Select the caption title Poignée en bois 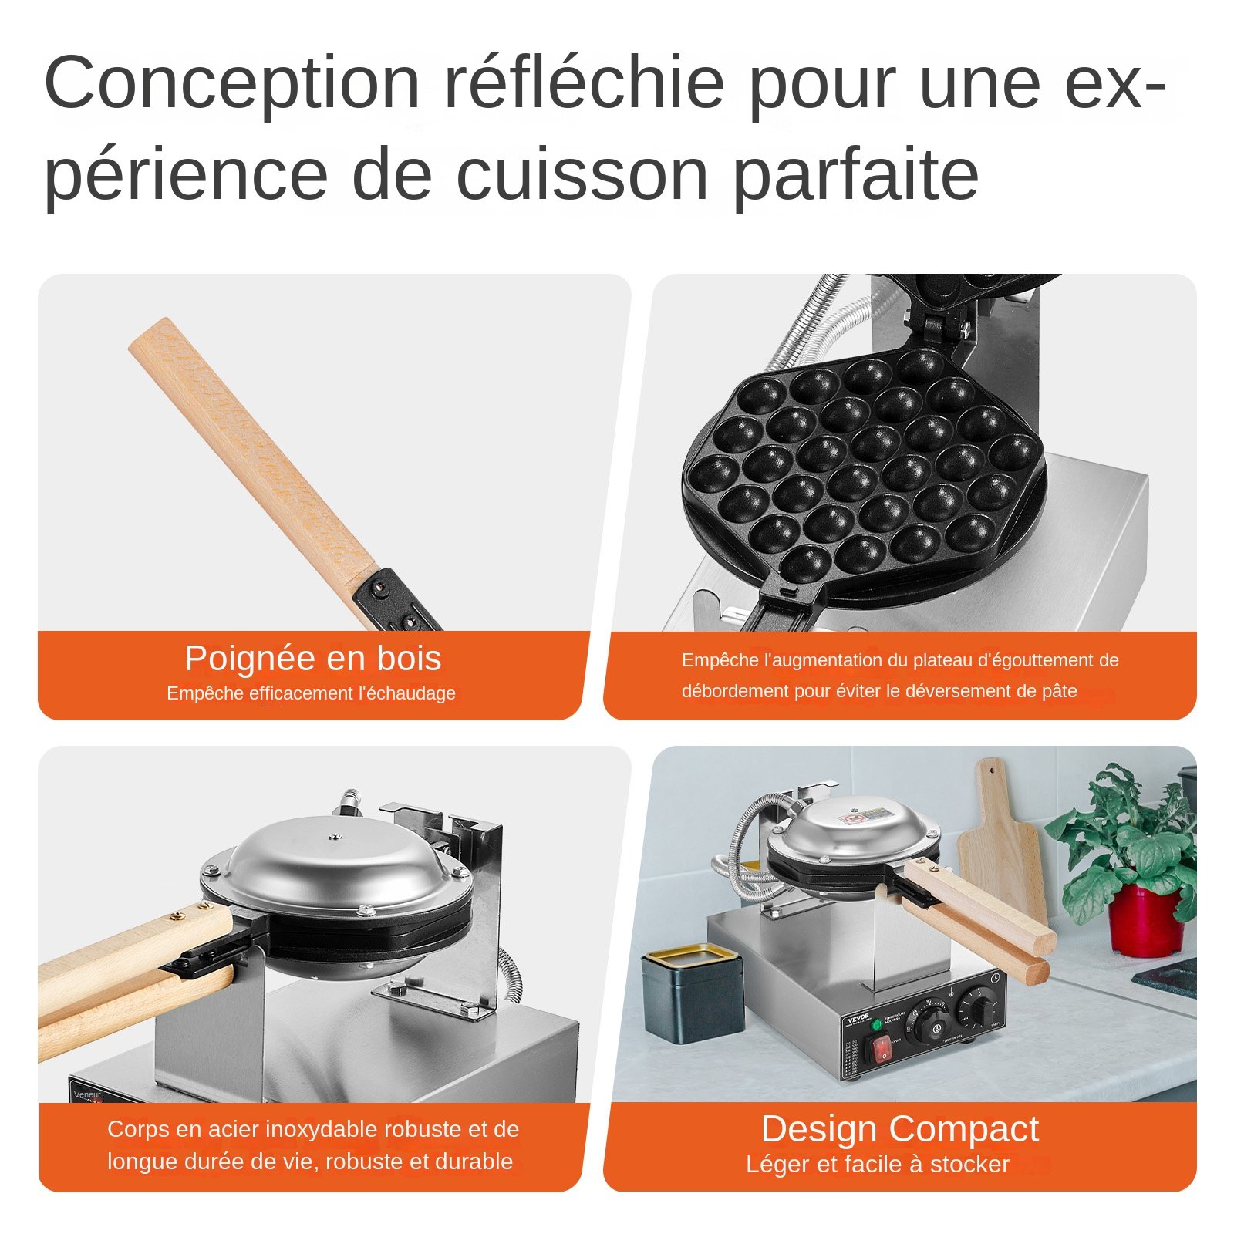click(312, 659)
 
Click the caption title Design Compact click(899, 1129)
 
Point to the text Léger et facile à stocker click(877, 1164)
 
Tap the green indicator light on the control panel click(876, 1025)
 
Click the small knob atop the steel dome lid click(334, 836)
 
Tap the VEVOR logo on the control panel click(858, 1019)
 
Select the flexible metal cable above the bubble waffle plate click(818, 324)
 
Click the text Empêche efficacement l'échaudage click(311, 693)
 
